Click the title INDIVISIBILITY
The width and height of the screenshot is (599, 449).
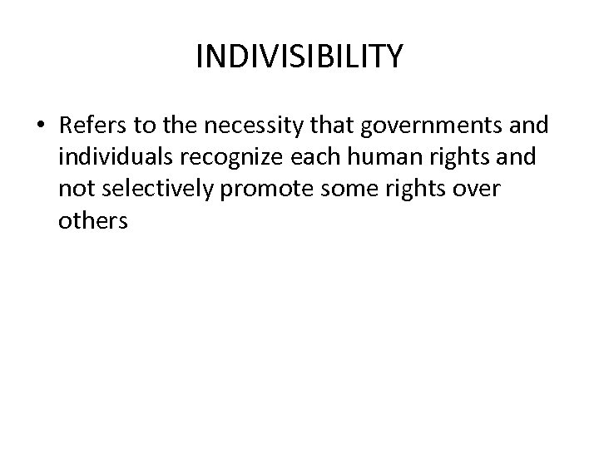click(x=299, y=57)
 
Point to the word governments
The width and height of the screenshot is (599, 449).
click(x=423, y=126)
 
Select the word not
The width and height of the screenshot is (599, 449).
click(x=75, y=190)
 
